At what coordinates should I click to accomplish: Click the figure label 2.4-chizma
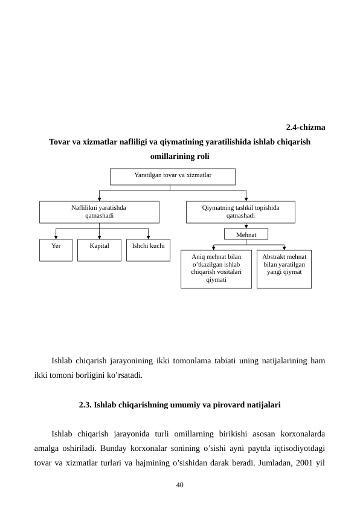[305, 128]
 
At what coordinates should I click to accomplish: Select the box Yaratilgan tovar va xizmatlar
[172, 176]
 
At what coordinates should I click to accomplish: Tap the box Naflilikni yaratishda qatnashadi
[99, 212]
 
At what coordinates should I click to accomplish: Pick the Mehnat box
[246, 234]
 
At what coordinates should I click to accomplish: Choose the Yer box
[56, 250]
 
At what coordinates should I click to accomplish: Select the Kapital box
[99, 250]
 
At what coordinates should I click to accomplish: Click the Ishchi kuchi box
[148, 250]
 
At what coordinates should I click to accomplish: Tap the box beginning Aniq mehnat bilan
[216, 269]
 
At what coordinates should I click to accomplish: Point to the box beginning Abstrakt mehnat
[284, 269]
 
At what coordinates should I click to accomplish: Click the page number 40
[179, 485]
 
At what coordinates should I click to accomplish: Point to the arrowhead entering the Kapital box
[99, 237]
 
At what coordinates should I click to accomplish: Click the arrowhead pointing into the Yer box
[56, 237]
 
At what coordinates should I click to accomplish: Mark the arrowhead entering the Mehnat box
[246, 226]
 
